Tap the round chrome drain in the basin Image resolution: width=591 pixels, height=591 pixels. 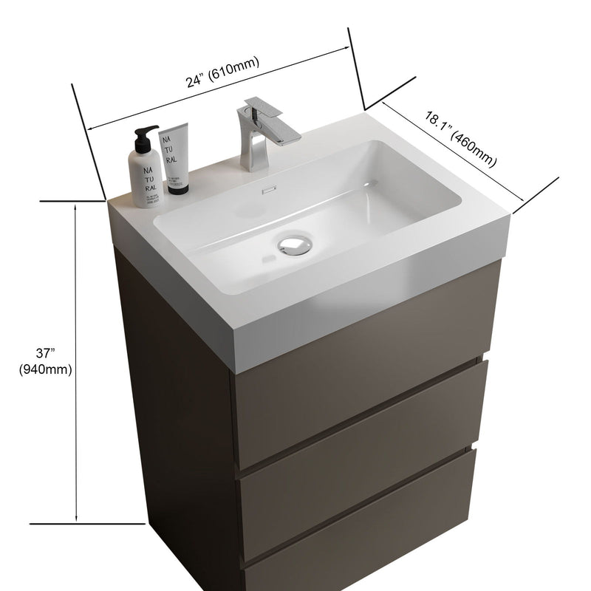294,245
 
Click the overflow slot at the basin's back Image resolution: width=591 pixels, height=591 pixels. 267,189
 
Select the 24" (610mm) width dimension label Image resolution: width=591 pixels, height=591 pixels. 222,74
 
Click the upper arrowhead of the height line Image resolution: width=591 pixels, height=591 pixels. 76,208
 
